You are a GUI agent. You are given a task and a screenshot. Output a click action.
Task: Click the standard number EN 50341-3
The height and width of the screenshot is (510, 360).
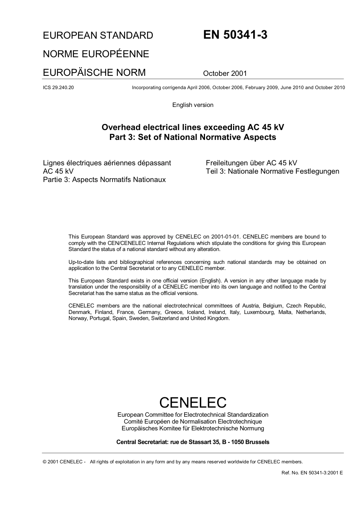point(235,35)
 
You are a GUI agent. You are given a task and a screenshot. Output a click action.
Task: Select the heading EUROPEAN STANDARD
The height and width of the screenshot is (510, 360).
point(98,36)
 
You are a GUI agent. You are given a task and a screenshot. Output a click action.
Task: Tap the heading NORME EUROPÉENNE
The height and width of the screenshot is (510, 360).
point(96,54)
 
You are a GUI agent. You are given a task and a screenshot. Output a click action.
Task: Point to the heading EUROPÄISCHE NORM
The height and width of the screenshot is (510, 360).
point(94,72)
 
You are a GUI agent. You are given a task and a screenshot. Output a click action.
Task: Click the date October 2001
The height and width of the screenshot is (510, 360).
point(225,74)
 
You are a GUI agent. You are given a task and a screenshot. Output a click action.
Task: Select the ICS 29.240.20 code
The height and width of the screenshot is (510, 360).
point(58,88)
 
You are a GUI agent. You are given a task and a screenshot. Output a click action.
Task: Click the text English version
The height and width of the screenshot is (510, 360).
point(193,105)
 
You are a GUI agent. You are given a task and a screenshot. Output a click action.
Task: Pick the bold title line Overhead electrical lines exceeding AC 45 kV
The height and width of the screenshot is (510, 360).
point(193,127)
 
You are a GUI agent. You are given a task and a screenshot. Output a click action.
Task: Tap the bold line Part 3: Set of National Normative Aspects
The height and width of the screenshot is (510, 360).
point(193,137)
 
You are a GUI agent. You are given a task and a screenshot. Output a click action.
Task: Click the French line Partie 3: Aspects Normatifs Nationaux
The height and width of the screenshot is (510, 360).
point(104,180)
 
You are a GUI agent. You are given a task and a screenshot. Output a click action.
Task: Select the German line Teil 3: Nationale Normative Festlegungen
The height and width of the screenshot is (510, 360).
point(272,171)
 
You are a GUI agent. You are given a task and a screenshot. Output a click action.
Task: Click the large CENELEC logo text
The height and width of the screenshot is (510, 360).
point(193,402)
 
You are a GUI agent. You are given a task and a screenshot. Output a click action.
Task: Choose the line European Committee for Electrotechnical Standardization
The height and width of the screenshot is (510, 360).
point(193,415)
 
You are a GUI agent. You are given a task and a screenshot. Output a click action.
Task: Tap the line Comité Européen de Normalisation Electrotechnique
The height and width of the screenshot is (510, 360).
point(193,422)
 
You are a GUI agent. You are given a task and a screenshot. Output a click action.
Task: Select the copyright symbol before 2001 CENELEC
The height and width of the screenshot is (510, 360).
point(45,462)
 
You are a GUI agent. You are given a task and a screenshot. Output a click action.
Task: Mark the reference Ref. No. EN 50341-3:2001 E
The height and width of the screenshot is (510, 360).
point(312,473)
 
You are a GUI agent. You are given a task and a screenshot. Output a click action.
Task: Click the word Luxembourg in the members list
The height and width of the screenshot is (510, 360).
point(259,312)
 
